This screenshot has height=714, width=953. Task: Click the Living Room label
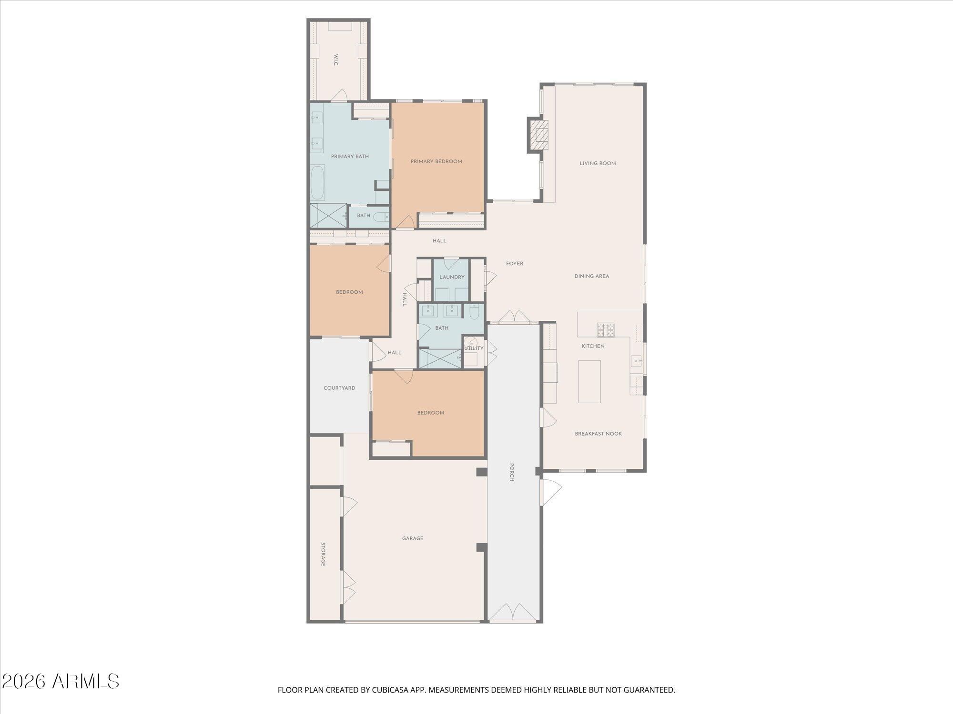598,163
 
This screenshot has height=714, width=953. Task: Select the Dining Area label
591,276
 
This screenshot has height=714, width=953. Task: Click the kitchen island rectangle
589,381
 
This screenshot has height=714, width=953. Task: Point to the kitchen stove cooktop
606,328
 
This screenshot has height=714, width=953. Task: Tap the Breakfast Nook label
598,434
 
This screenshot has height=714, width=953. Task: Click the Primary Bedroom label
436,161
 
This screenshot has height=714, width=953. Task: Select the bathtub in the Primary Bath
318,182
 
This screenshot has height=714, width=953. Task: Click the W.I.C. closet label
335,60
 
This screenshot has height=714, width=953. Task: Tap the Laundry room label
452,277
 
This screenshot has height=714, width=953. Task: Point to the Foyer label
515,263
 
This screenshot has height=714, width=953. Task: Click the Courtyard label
339,388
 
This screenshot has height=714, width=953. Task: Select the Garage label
413,538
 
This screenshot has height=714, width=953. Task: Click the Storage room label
323,554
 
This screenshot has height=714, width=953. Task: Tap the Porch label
512,472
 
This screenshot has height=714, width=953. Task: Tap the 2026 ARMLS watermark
61,682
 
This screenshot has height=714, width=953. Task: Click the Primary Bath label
350,156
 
